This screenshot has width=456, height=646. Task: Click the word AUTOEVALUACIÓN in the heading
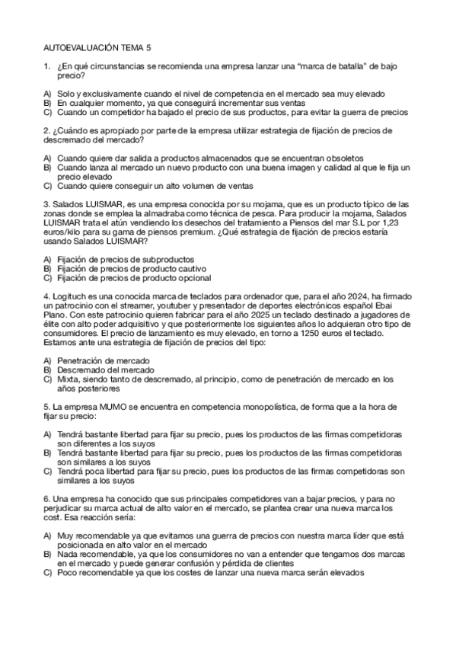[86, 46]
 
